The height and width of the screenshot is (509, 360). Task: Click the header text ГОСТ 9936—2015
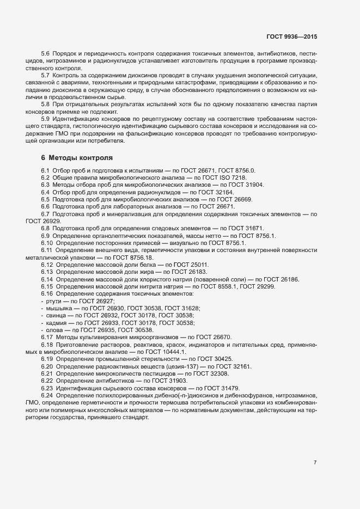291,36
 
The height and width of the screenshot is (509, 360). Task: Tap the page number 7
315,462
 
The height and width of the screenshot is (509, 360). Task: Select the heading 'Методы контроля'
81,158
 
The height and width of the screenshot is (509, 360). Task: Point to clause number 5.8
46,103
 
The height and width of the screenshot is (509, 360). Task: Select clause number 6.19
47,359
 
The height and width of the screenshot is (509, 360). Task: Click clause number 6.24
47,395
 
